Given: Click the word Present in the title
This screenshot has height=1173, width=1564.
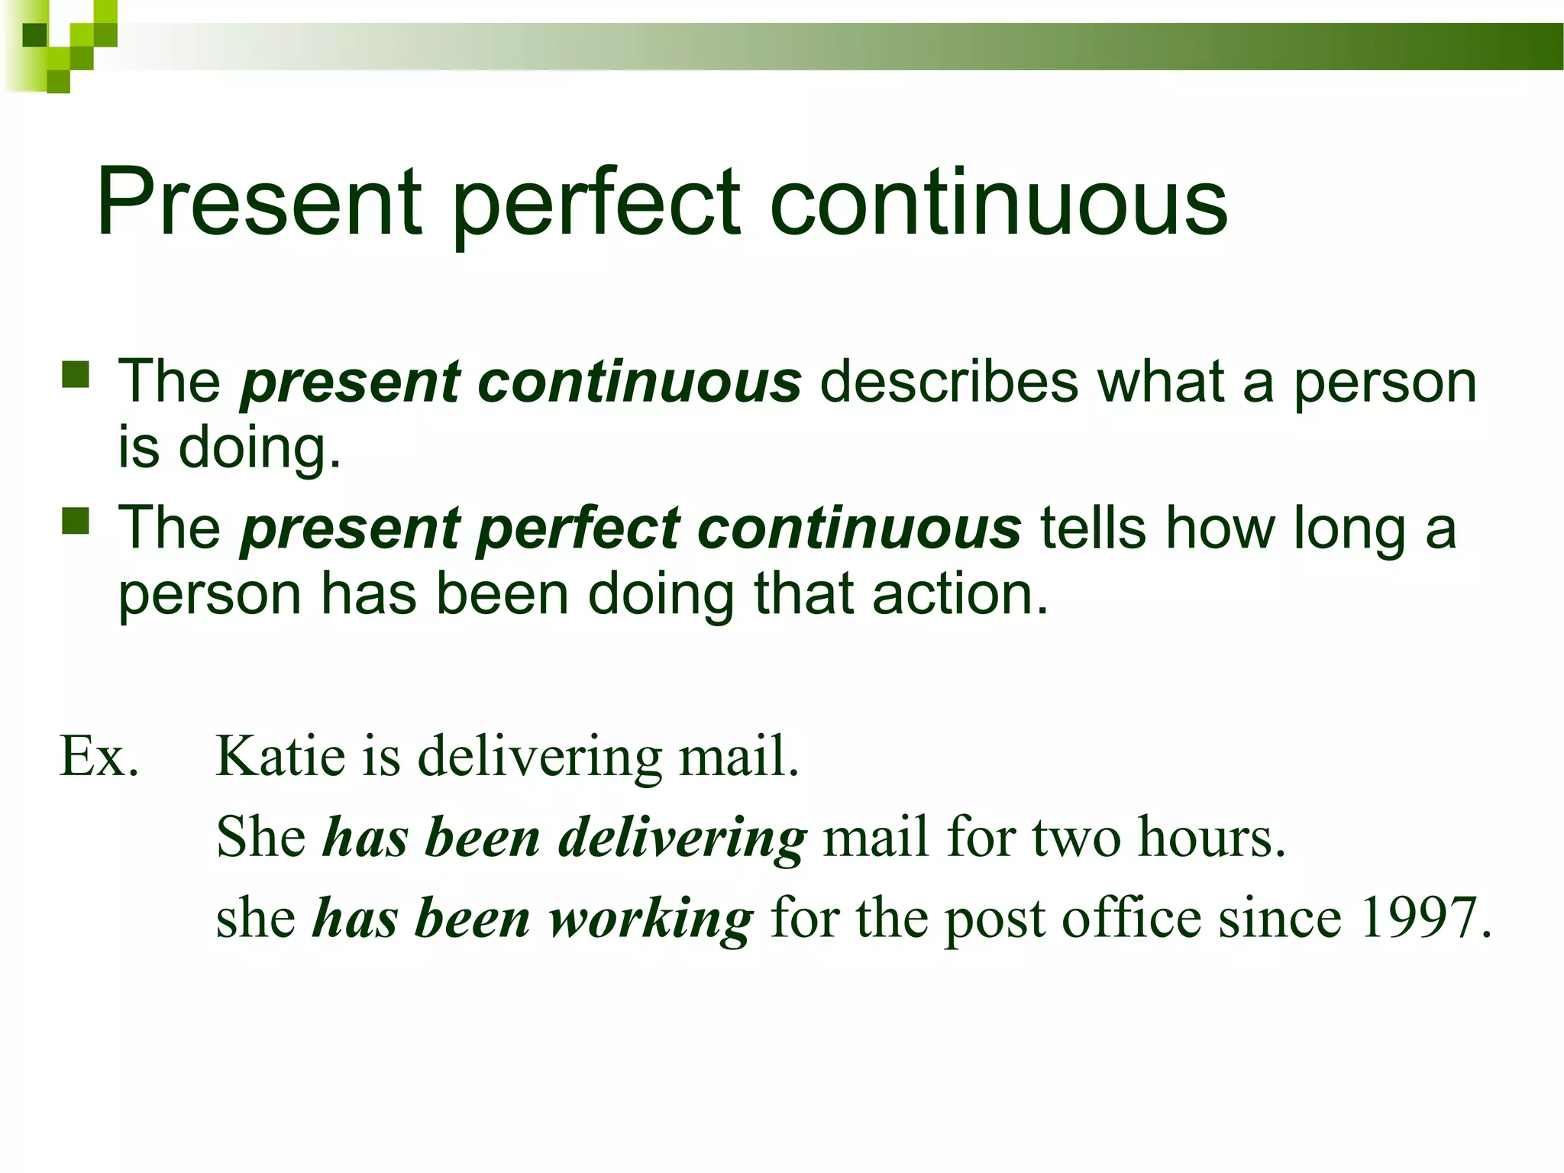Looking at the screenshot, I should click(x=258, y=202).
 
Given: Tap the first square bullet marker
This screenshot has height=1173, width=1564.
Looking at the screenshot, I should click(x=76, y=375).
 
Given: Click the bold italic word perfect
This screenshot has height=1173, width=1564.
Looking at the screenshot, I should click(x=579, y=530).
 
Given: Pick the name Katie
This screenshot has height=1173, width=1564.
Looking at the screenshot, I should click(x=280, y=756).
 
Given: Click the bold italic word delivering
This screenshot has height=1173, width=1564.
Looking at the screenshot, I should click(x=682, y=839).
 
